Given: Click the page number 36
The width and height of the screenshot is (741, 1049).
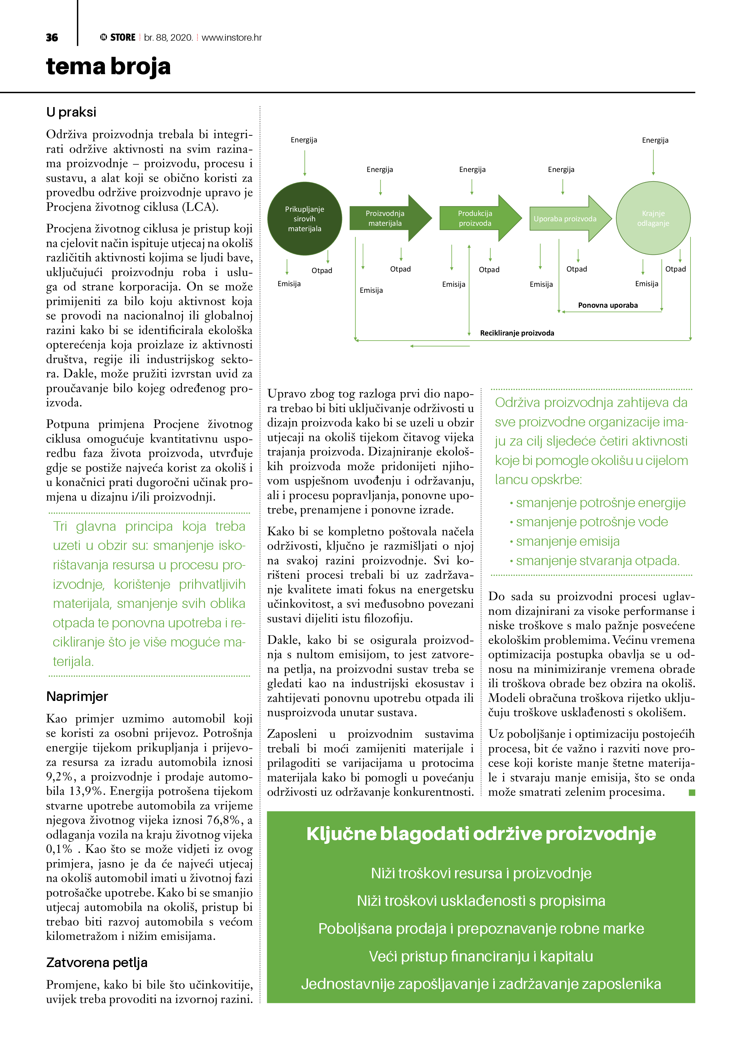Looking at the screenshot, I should click(52, 37).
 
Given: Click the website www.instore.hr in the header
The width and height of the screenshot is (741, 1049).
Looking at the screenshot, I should click(232, 37).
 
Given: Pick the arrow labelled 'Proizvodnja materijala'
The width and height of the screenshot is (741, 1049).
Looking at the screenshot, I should click(385, 218).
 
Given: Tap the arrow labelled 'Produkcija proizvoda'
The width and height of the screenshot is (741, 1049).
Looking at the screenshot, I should click(475, 218).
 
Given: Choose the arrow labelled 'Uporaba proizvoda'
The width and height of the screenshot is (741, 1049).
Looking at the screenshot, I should click(565, 219).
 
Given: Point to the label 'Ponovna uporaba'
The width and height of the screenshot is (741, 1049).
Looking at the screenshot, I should click(608, 305).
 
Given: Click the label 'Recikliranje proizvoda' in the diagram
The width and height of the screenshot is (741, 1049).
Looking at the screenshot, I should click(517, 333).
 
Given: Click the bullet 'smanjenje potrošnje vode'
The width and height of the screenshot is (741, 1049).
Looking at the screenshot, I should click(592, 522).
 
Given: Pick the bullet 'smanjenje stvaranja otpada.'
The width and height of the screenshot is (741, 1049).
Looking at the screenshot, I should click(598, 561).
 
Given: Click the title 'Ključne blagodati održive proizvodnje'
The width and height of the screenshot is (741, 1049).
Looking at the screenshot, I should click(481, 834).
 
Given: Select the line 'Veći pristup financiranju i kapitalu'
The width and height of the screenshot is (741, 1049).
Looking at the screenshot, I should click(481, 956).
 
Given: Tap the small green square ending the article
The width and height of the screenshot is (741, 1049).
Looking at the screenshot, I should click(692, 792).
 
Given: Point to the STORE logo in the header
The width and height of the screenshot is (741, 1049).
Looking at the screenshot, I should click(118, 37).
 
